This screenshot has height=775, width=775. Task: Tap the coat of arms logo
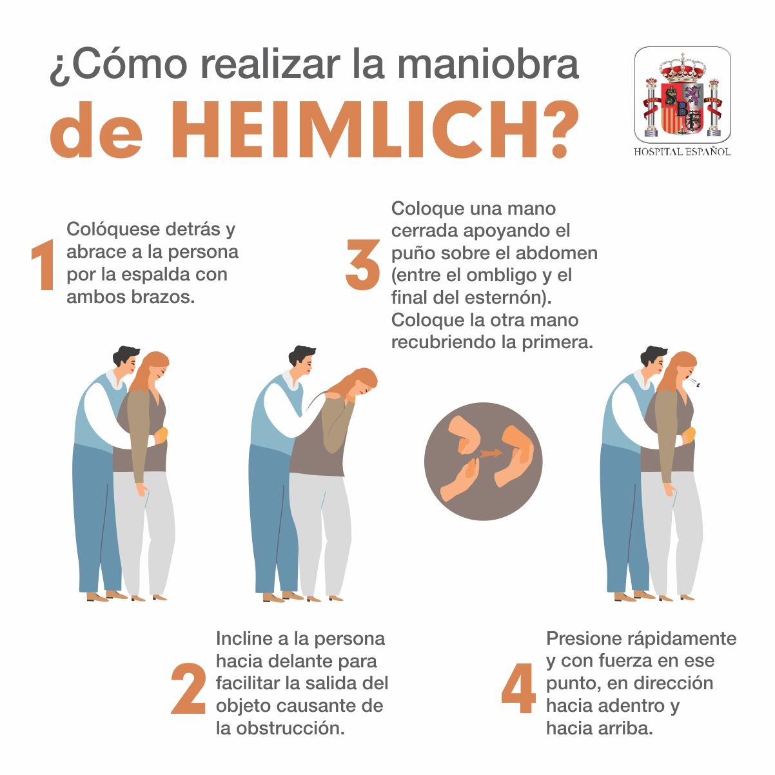coord(682,95)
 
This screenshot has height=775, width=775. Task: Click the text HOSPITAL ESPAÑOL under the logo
coord(682,152)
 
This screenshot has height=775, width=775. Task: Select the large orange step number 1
coord(43,264)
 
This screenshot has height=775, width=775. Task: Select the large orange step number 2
coord(188,688)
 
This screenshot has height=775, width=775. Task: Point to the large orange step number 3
coord(362,264)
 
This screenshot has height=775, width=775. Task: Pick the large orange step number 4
coord(518,688)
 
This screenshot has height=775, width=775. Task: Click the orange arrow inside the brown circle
coord(490,453)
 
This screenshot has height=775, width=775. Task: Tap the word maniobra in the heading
coord(488,64)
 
